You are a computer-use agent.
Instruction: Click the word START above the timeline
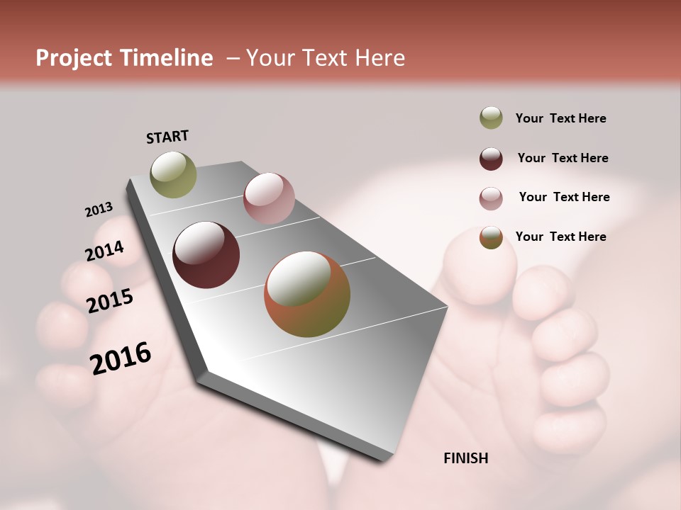click(167, 137)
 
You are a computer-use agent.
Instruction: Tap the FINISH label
click(465, 458)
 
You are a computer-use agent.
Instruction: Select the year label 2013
click(99, 210)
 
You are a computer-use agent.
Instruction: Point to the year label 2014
click(104, 251)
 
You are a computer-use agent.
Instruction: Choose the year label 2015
click(110, 301)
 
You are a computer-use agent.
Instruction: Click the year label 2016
click(121, 358)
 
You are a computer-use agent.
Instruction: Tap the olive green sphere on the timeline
click(173, 174)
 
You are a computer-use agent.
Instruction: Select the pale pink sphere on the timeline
click(268, 198)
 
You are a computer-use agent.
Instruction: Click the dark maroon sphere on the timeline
click(206, 255)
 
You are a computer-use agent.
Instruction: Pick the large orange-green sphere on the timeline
click(307, 294)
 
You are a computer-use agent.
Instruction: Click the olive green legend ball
click(491, 118)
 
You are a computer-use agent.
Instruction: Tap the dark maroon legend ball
click(491, 158)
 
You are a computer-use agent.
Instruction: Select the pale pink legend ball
click(491, 198)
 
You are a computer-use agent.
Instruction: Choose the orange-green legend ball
click(491, 237)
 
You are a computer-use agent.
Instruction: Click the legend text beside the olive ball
click(560, 118)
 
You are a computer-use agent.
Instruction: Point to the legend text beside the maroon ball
click(563, 158)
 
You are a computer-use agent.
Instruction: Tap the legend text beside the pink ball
click(564, 197)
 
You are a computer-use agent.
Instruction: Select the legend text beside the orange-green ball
click(560, 237)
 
